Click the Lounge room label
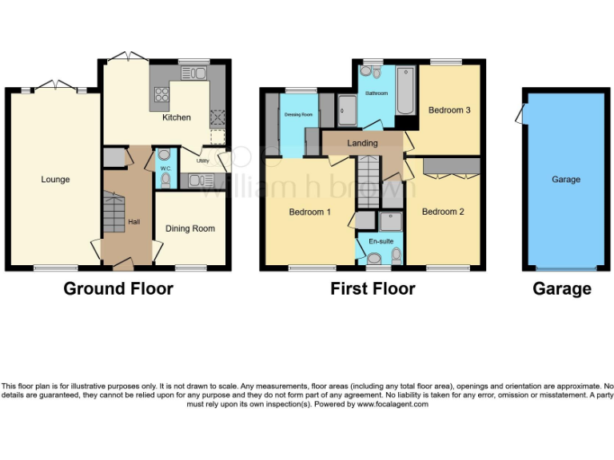pos(55,180)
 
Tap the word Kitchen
pos(177,117)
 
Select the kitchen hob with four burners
pos(161,95)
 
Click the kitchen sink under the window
pos(193,73)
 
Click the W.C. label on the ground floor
pos(165,169)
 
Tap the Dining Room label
pos(189,228)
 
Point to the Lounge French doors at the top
pos(55,85)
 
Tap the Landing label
pos(362,143)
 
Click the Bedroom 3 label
pos(449,110)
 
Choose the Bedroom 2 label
pos(443,212)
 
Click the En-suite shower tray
pos(392,220)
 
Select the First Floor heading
pos(373,289)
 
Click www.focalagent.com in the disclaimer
pos(393,404)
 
